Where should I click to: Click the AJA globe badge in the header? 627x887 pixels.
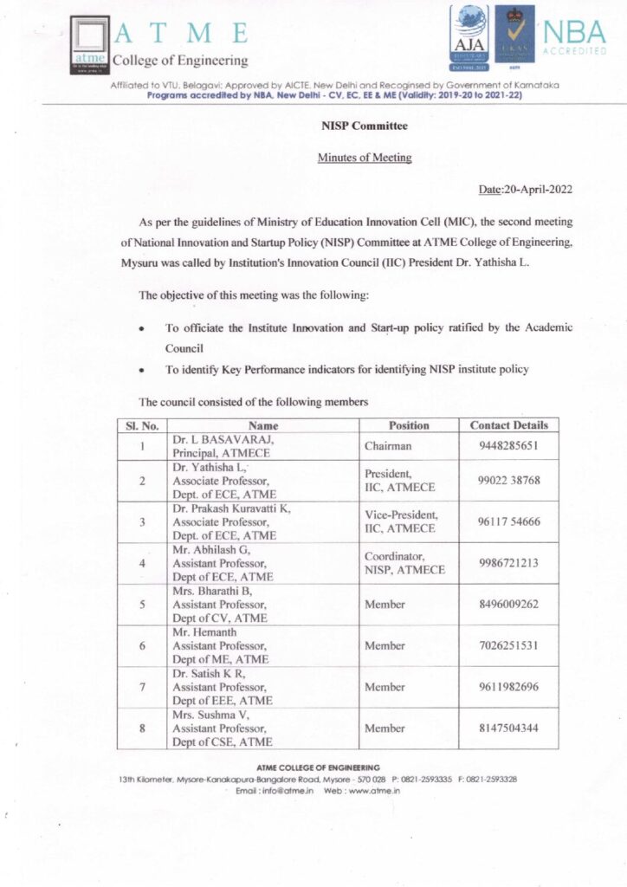click(469, 36)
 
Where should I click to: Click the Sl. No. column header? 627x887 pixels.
click(141, 425)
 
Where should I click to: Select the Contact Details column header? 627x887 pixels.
click(508, 425)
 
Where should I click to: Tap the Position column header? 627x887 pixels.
click(409, 425)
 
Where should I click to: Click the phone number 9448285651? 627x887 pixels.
click(508, 446)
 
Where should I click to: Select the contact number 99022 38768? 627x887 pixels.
click(508, 480)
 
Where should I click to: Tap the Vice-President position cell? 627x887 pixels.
click(401, 521)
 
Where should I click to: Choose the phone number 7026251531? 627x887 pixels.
click(508, 645)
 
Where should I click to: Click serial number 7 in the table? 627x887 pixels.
click(141, 687)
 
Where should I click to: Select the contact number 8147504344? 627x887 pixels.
click(508, 728)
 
